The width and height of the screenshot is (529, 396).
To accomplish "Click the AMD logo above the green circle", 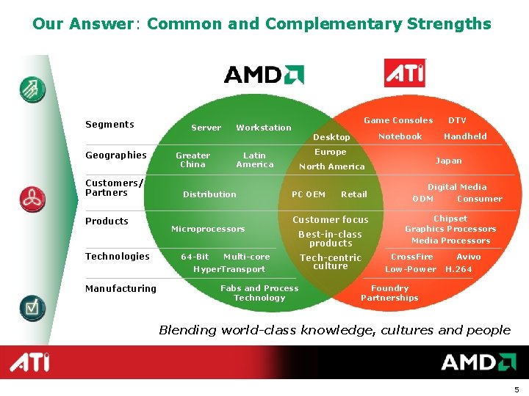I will coord(264,74).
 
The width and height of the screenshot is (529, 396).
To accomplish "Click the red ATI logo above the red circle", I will coord(405,73).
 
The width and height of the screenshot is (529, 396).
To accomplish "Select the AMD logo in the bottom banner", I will coord(478,362).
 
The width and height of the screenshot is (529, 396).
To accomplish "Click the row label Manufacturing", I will coord(120,289).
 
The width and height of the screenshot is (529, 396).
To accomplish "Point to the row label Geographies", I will coord(116,155).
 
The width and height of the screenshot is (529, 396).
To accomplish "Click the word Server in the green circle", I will coord(206,128).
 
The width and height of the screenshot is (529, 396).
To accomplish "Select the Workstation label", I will coord(264,128).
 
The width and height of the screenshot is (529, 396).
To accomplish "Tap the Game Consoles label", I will coord(398,120).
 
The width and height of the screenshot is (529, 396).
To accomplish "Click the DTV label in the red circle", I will coord(457,120).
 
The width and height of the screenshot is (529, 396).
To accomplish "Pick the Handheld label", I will coord(465,136).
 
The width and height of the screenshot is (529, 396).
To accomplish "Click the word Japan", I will coord(448,161).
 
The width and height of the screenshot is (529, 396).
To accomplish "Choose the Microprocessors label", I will coord(208,230).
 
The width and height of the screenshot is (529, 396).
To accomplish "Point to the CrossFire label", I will coord(411,257).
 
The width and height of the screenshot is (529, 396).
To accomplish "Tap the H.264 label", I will coord(458,269).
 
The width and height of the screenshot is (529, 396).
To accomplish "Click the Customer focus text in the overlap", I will coord(331,220).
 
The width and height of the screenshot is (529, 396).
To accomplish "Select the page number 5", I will coord(517,389).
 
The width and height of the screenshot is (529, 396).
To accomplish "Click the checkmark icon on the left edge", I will coord(32,307).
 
